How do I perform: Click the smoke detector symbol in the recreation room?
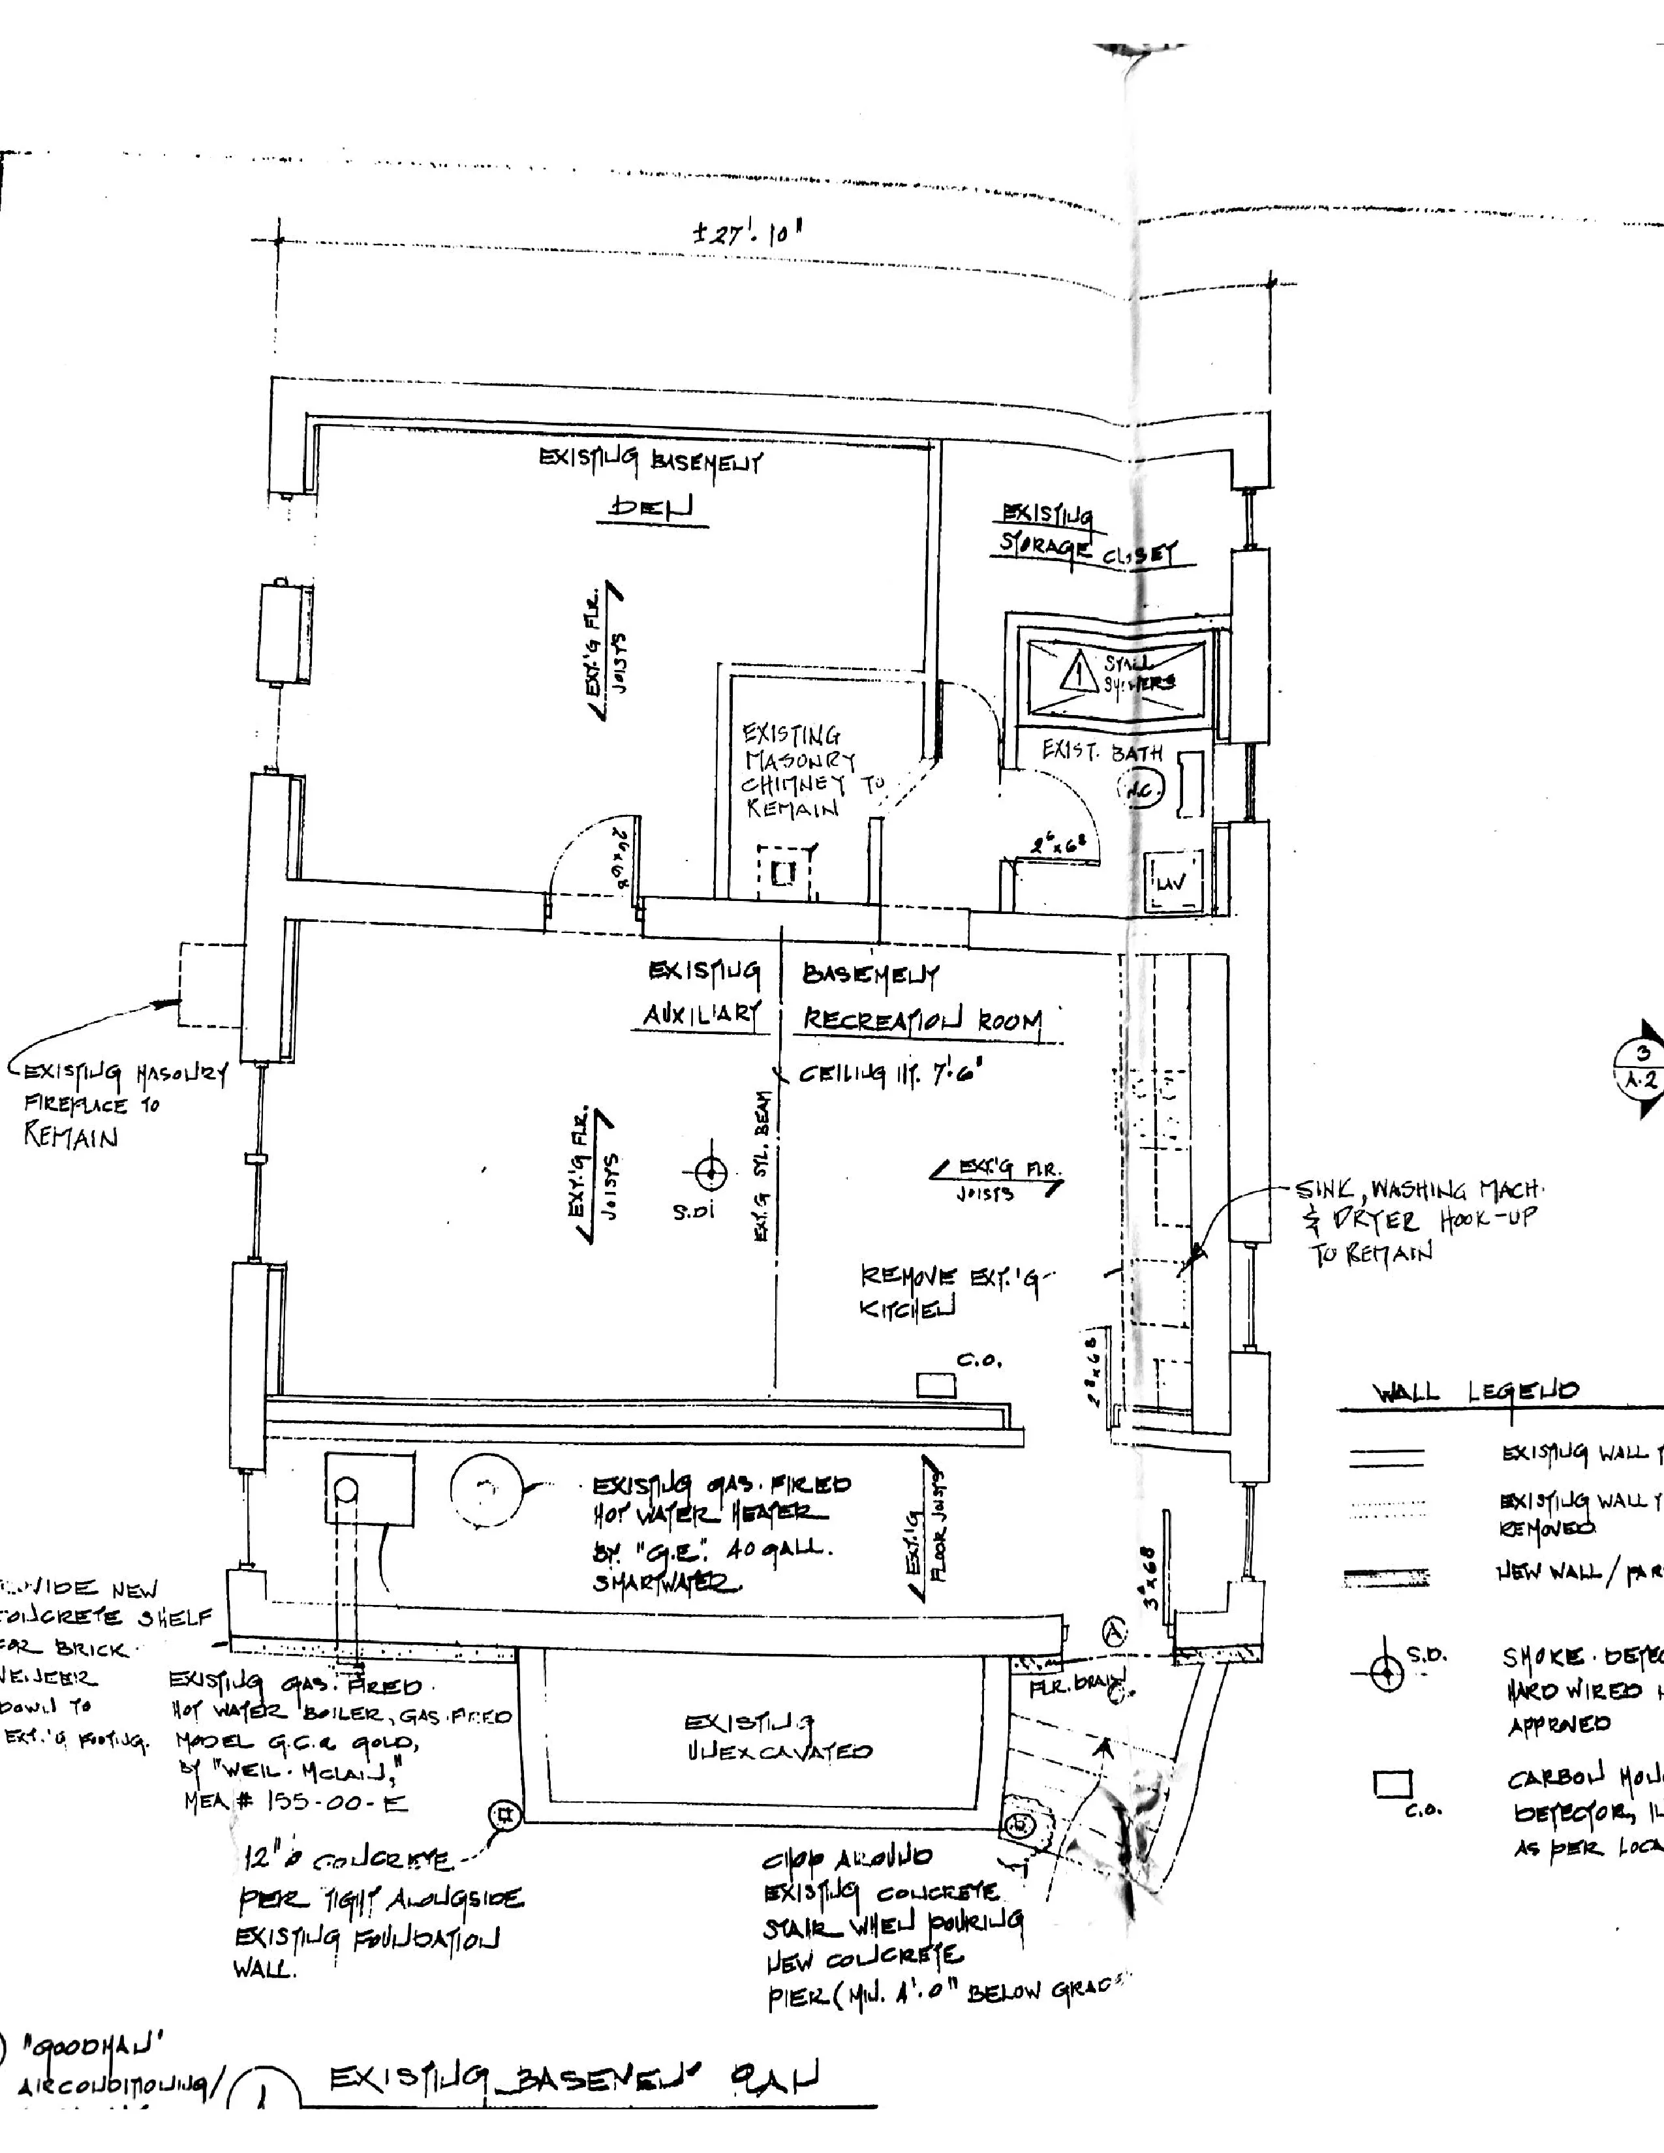click(711, 1173)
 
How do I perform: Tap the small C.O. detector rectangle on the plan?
click(936, 1385)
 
